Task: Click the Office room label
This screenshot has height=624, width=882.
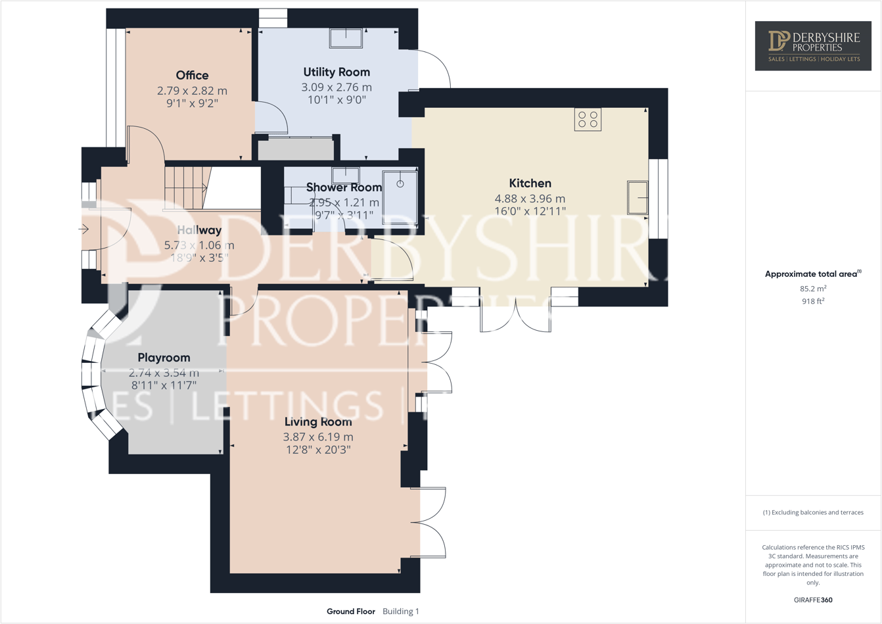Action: pyautogui.click(x=192, y=76)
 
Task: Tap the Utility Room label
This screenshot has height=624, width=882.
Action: pyautogui.click(x=337, y=72)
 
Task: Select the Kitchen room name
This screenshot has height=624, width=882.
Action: pyautogui.click(x=530, y=183)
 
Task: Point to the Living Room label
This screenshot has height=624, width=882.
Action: pyautogui.click(x=318, y=422)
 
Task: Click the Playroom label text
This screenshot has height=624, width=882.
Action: pyautogui.click(x=164, y=358)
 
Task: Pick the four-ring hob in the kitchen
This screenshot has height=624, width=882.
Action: pyautogui.click(x=588, y=119)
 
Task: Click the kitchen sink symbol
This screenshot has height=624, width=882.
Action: pyautogui.click(x=637, y=197)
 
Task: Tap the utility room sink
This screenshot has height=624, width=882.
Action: pyautogui.click(x=346, y=38)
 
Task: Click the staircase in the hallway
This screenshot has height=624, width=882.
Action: pyautogui.click(x=187, y=188)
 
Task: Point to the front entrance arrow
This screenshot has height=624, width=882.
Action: pyautogui.click(x=84, y=229)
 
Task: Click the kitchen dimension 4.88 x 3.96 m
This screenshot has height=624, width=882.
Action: pyautogui.click(x=530, y=199)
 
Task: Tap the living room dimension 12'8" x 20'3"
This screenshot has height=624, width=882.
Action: pyautogui.click(x=318, y=450)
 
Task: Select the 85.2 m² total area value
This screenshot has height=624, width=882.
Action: pyautogui.click(x=813, y=289)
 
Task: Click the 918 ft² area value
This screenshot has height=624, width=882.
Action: pyautogui.click(x=813, y=301)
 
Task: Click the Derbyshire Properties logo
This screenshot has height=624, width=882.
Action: pyautogui.click(x=813, y=45)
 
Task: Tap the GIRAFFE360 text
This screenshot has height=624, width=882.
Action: pyautogui.click(x=813, y=600)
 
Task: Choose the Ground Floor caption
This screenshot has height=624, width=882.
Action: pyautogui.click(x=351, y=612)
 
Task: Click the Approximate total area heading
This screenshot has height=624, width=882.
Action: pyautogui.click(x=812, y=274)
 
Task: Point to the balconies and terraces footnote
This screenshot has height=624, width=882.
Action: pyautogui.click(x=813, y=512)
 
